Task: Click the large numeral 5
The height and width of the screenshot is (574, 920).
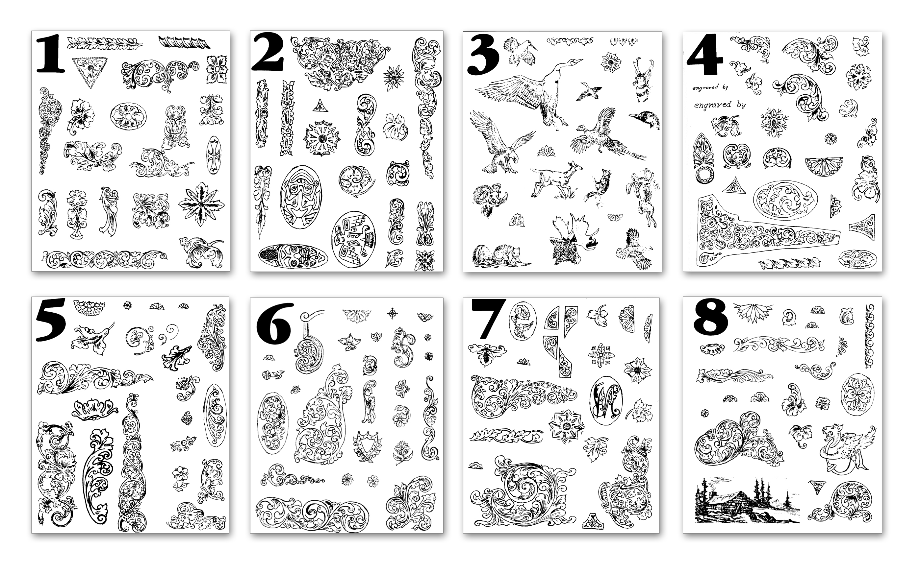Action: [x=51, y=320]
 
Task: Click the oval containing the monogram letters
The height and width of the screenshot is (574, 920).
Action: [x=605, y=400]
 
